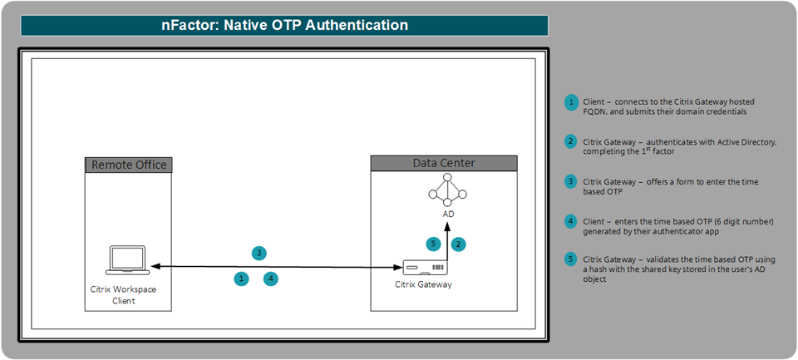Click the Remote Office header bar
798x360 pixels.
128,165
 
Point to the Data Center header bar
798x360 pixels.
444,164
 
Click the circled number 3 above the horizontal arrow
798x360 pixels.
259,253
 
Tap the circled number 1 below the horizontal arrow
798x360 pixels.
241,279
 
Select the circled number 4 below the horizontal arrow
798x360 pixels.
271,279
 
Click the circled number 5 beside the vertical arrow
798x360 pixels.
433,244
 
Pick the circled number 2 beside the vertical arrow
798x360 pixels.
459,244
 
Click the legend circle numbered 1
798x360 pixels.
572,102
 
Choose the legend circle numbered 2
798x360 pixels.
572,142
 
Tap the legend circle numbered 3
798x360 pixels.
572,182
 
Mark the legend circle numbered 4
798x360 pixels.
572,221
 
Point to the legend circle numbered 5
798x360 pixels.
572,259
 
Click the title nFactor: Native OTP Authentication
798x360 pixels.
284,25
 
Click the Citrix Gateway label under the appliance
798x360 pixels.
423,284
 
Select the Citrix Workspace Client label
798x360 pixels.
123,295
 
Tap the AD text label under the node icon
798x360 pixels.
448,215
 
